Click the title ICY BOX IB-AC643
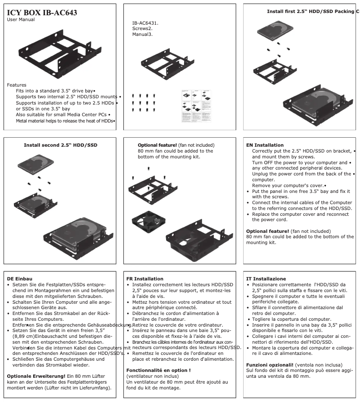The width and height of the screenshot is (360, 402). tap(42, 13)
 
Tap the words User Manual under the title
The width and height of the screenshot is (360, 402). tap(21, 20)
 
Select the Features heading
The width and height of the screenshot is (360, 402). tap(17, 85)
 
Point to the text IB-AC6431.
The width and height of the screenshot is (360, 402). tap(145, 22)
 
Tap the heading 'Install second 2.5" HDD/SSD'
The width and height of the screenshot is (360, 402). tap(60, 145)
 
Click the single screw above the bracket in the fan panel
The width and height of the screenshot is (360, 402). tap(149, 169)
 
